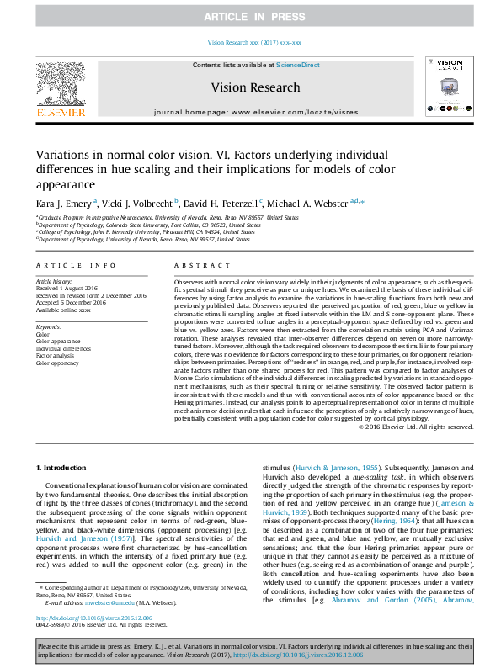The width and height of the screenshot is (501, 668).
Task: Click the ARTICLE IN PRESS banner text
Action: pos(250,17)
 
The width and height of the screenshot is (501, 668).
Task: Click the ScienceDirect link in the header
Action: pos(298,65)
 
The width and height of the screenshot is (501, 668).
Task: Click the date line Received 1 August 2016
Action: pos(69,288)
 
